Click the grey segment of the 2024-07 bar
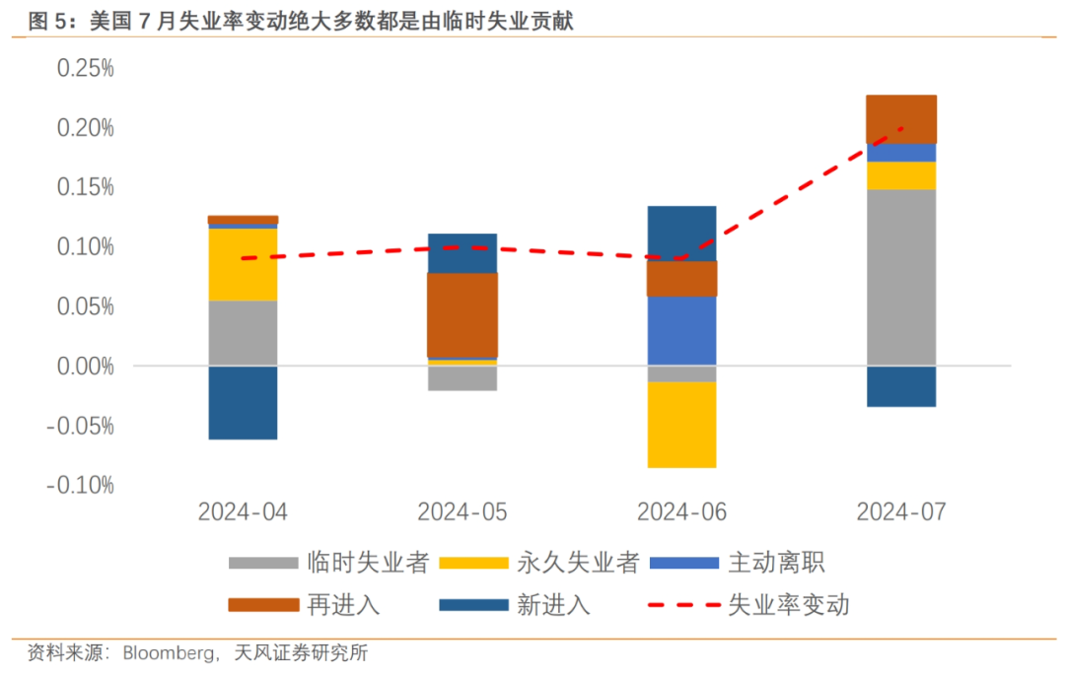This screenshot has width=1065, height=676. [901, 277]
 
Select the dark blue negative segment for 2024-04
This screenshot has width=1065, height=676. [243, 402]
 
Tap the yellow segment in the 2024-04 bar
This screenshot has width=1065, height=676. [243, 264]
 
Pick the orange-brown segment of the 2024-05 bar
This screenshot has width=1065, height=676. [462, 314]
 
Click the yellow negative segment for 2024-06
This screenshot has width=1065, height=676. [681, 424]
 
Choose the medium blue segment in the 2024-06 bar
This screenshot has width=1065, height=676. [681, 330]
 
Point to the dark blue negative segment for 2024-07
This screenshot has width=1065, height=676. [901, 385]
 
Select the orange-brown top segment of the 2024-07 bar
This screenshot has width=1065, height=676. [901, 119]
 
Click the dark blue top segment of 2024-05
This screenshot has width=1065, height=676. [462, 253]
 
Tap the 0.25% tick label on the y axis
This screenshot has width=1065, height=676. [85, 68]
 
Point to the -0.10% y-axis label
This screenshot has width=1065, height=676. [81, 485]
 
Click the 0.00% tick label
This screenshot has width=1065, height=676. [85, 366]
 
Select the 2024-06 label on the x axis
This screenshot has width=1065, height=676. [681, 512]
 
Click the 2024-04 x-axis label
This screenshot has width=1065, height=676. [243, 512]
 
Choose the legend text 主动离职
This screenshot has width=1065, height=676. [775, 563]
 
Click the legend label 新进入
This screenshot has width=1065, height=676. [553, 604]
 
